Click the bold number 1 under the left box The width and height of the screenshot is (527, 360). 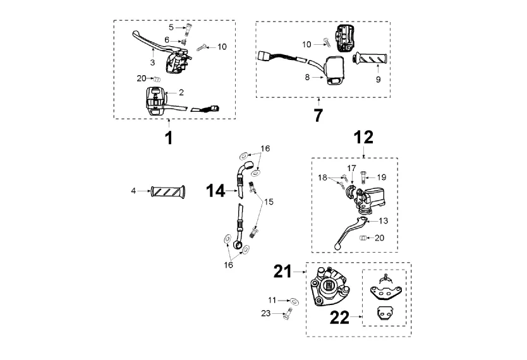pos(169,138)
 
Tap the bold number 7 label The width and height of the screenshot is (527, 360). pos(318,115)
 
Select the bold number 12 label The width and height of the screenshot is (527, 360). pos(363,137)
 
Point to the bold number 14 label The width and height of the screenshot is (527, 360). pos(215,191)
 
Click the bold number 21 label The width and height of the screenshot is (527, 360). pos(282,272)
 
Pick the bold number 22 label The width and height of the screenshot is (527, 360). pos(339,317)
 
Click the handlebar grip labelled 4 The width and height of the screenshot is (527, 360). pos(168,192)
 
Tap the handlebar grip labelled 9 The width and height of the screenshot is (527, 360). pos(370,59)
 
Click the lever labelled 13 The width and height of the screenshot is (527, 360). pos(351,232)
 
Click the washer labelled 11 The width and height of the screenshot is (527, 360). pos(294,301)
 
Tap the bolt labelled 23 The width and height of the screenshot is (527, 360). pos(288,314)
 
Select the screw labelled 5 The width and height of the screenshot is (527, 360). pos(187,29)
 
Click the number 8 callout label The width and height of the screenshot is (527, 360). pos(307,77)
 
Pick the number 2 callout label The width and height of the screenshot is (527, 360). pos(181,92)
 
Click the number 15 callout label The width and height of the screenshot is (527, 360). pos(269,202)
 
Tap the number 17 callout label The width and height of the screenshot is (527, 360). pos(351,168)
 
